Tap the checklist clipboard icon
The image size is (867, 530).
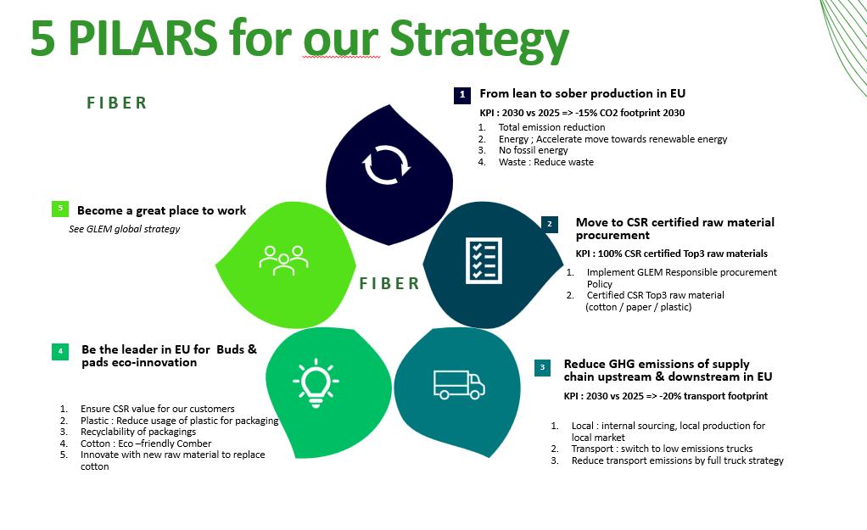483,260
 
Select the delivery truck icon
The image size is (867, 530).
458,384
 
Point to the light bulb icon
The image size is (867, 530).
316,382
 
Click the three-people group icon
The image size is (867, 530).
283,259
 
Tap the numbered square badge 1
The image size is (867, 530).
461,94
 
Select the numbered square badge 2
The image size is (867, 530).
549,224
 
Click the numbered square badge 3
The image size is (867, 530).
543,366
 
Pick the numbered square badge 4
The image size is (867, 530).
60,351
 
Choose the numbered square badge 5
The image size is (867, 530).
60,208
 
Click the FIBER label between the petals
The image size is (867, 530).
389,283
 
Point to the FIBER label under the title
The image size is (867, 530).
117,103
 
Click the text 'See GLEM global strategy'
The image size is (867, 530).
124,229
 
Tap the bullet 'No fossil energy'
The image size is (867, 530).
533,150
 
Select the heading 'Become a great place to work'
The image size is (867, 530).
161,210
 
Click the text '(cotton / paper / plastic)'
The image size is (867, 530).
638,307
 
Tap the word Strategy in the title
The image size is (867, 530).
478,39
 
